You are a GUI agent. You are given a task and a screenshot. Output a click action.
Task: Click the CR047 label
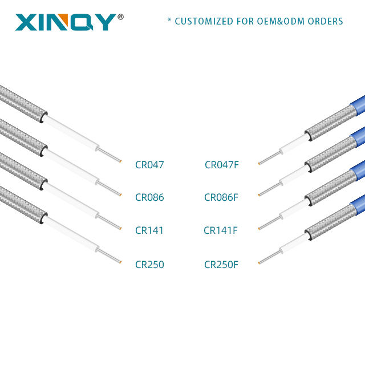click(149, 165)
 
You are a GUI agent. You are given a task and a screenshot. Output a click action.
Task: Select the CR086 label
click(149, 198)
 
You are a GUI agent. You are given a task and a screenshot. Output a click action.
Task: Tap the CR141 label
click(149, 231)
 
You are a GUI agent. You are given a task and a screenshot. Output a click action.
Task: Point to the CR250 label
click(149, 265)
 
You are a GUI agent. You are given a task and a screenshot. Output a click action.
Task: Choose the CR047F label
click(222, 165)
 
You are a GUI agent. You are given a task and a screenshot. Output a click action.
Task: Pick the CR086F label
click(221, 198)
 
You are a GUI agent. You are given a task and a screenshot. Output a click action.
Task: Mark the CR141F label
click(221, 231)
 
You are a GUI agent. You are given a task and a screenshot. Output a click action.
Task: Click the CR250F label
click(221, 265)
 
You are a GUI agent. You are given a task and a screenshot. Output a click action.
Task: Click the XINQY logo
click(65, 22)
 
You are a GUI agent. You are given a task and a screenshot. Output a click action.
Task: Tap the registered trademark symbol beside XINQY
click(120, 17)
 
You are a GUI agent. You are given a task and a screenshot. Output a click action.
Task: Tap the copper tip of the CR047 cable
click(120, 163)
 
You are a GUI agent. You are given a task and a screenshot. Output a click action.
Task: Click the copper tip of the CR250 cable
click(120, 262)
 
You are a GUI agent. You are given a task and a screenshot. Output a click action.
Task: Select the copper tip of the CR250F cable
click(259, 263)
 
